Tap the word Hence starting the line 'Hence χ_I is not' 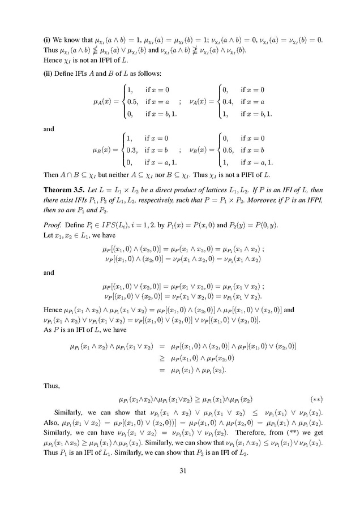(53, 64)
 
